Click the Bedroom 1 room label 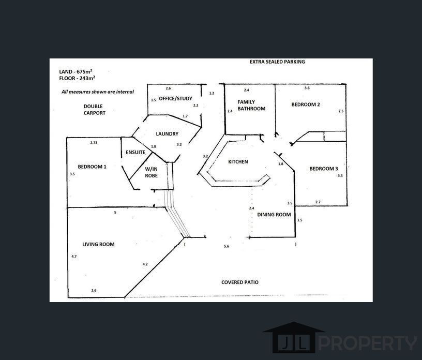pyautogui.click(x=92, y=167)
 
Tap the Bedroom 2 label pyautogui.click(x=306, y=104)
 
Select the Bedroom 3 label pyautogui.click(x=324, y=169)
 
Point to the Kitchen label pyautogui.click(x=238, y=162)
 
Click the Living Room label pyautogui.click(x=98, y=244)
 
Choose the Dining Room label pyautogui.click(x=274, y=215)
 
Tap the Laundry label pyautogui.click(x=167, y=134)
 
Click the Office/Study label pyautogui.click(x=175, y=98)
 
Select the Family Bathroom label pyautogui.click(x=251, y=106)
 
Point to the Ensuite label pyautogui.click(x=135, y=153)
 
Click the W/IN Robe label pyautogui.click(x=151, y=172)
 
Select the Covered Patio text pyautogui.click(x=240, y=282)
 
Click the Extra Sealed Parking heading pyautogui.click(x=277, y=62)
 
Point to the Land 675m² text pyautogui.click(x=76, y=71)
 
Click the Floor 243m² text pyautogui.click(x=77, y=78)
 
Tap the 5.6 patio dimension pyautogui.click(x=227, y=247)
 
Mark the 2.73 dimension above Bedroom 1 pyautogui.click(x=94, y=142)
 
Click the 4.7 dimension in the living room pyautogui.click(x=74, y=257)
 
